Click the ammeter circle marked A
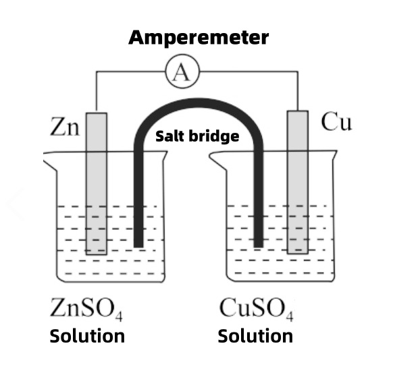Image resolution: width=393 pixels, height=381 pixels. (x=181, y=73)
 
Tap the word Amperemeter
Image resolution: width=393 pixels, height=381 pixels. (x=198, y=38)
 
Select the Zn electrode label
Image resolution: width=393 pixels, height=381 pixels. (x=64, y=126)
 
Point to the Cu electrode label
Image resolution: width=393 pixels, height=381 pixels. (x=336, y=123)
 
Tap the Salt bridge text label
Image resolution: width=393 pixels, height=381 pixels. (x=197, y=136)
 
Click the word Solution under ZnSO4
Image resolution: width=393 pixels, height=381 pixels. (x=87, y=336)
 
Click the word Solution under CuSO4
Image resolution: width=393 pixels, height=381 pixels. (x=255, y=336)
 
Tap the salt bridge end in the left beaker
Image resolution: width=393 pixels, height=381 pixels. (x=138, y=241)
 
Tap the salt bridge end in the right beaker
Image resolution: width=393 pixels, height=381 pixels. (x=259, y=241)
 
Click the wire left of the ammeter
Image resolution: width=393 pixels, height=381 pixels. (x=128, y=73)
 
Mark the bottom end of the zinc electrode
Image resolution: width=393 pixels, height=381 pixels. (x=96, y=252)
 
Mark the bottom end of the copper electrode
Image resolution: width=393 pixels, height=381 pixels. (x=297, y=250)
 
